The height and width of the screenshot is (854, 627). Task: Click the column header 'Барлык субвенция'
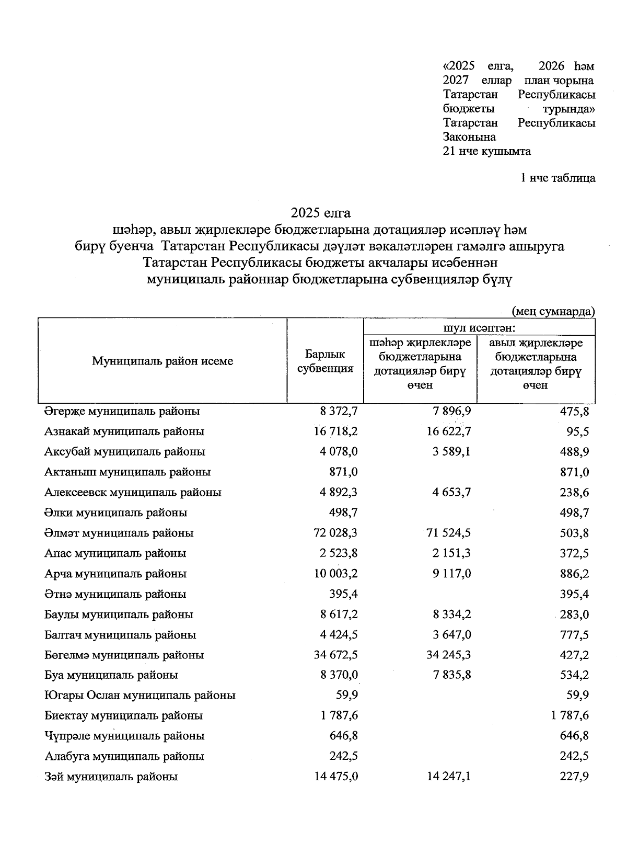(x=325, y=361)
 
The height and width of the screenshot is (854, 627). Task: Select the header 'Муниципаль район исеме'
(x=162, y=361)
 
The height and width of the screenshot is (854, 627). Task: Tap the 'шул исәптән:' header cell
(x=479, y=328)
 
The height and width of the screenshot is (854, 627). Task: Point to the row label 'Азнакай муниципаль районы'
(x=124, y=431)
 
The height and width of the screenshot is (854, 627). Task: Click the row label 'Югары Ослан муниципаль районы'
(x=140, y=695)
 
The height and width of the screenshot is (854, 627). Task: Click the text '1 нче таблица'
(x=558, y=178)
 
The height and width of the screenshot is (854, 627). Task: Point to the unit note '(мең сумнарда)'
(x=553, y=312)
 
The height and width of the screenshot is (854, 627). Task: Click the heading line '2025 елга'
(x=321, y=213)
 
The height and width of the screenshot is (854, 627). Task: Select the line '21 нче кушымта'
(x=486, y=151)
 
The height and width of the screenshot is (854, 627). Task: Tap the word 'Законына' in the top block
(x=469, y=137)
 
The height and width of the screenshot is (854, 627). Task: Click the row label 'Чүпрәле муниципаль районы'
(x=124, y=736)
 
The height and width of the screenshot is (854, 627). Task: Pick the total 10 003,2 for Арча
(x=336, y=574)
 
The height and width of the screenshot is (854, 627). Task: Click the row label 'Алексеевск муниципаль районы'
(x=133, y=492)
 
